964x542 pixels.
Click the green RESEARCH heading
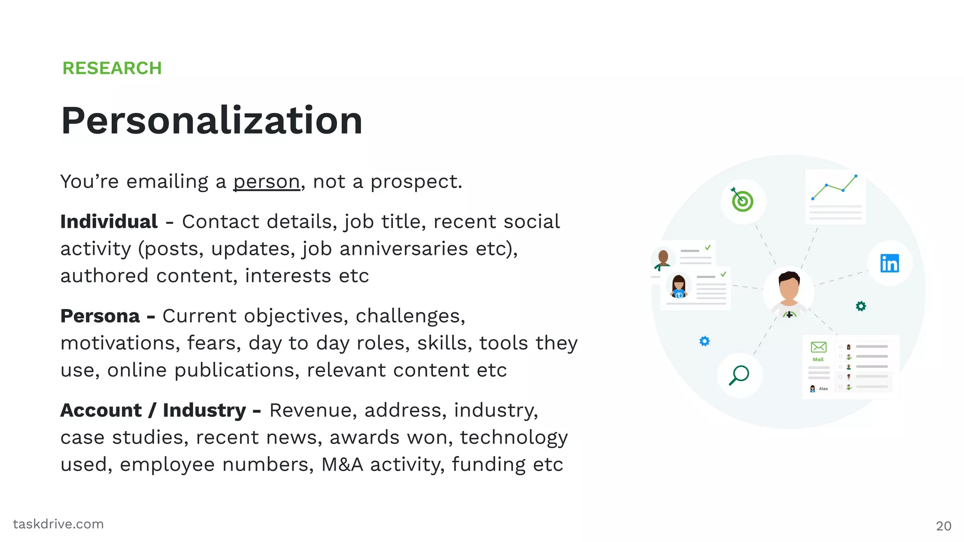(112, 68)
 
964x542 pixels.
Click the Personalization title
(212, 120)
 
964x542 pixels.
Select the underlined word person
(266, 182)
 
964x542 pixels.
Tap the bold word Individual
(109, 222)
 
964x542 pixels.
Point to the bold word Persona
(100, 316)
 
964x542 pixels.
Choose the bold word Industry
(204, 410)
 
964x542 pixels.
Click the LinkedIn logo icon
(889, 263)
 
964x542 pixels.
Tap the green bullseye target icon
(742, 201)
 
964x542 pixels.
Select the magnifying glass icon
(739, 375)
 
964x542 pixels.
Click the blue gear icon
(704, 341)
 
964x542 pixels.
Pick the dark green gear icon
(860, 306)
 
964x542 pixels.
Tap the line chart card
(835, 197)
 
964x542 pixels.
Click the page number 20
(943, 526)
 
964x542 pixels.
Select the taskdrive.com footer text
(58, 524)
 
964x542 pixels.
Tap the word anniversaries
(404, 249)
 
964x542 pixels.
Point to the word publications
(237, 370)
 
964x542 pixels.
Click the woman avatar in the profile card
(678, 287)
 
